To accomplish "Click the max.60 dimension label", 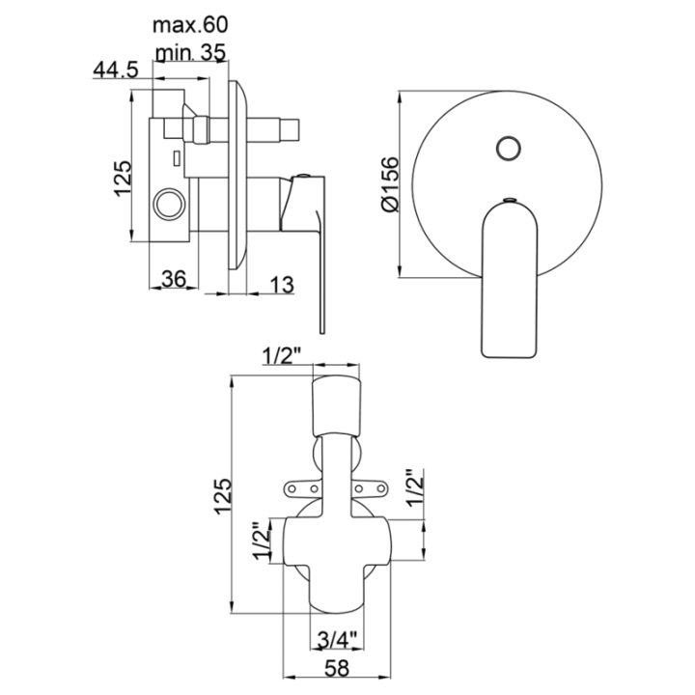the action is (x=190, y=25).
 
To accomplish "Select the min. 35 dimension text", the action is (x=190, y=53).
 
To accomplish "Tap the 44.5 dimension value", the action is (x=116, y=70).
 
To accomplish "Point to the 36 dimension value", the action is (x=174, y=279).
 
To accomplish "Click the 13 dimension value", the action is (x=282, y=285).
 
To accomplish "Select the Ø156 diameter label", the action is (x=390, y=184).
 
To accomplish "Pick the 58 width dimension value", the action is (x=337, y=668).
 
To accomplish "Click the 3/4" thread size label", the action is (x=337, y=640).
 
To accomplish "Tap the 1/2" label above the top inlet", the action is (x=282, y=355).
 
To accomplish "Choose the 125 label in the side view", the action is (x=123, y=179).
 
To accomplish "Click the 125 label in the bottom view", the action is (x=223, y=496).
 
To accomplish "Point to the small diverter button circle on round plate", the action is (x=509, y=148).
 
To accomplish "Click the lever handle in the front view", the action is (x=510, y=280).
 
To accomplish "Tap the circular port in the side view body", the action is (x=169, y=205).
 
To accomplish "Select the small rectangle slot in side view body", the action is (x=177, y=158).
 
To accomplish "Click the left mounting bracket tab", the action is (x=303, y=488).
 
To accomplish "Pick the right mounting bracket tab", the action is (x=370, y=488).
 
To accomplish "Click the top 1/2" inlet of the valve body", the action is (x=337, y=405).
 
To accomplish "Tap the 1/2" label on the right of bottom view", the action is (x=415, y=488).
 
